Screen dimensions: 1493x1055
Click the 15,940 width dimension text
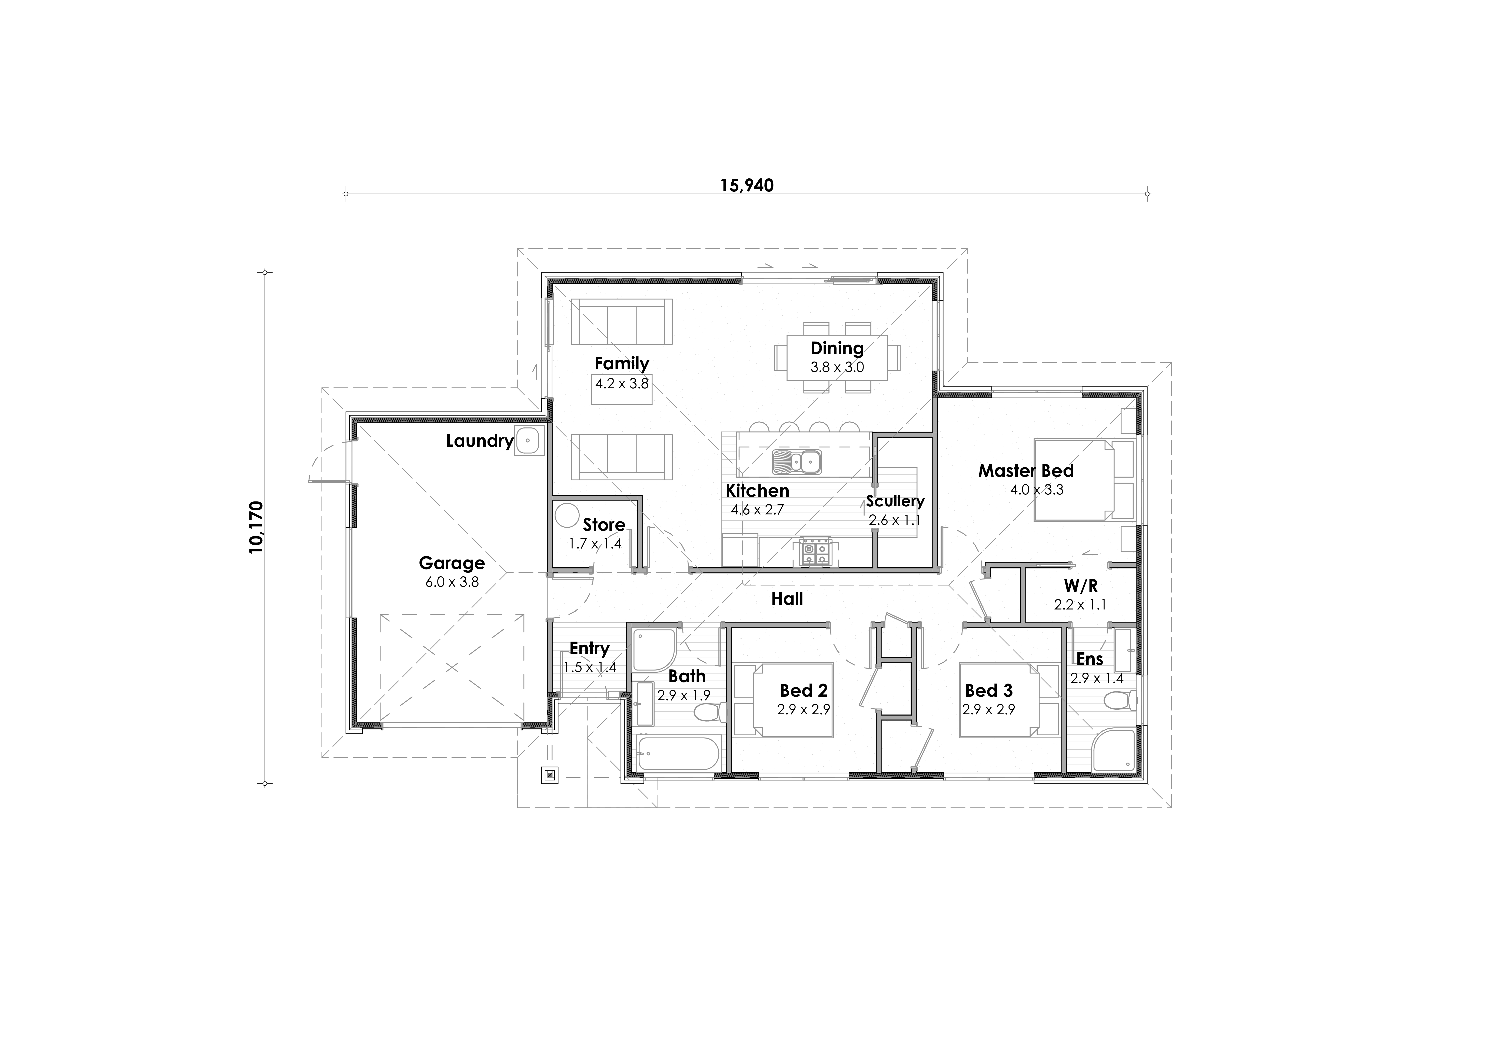point(746,186)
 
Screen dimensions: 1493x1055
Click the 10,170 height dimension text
point(256,527)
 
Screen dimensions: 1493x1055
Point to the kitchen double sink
point(797,462)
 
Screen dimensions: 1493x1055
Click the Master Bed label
point(1026,471)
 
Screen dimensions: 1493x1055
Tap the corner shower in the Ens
point(1115,751)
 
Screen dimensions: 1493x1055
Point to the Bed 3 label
point(988,690)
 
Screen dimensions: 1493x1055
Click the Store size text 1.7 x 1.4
point(595,543)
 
